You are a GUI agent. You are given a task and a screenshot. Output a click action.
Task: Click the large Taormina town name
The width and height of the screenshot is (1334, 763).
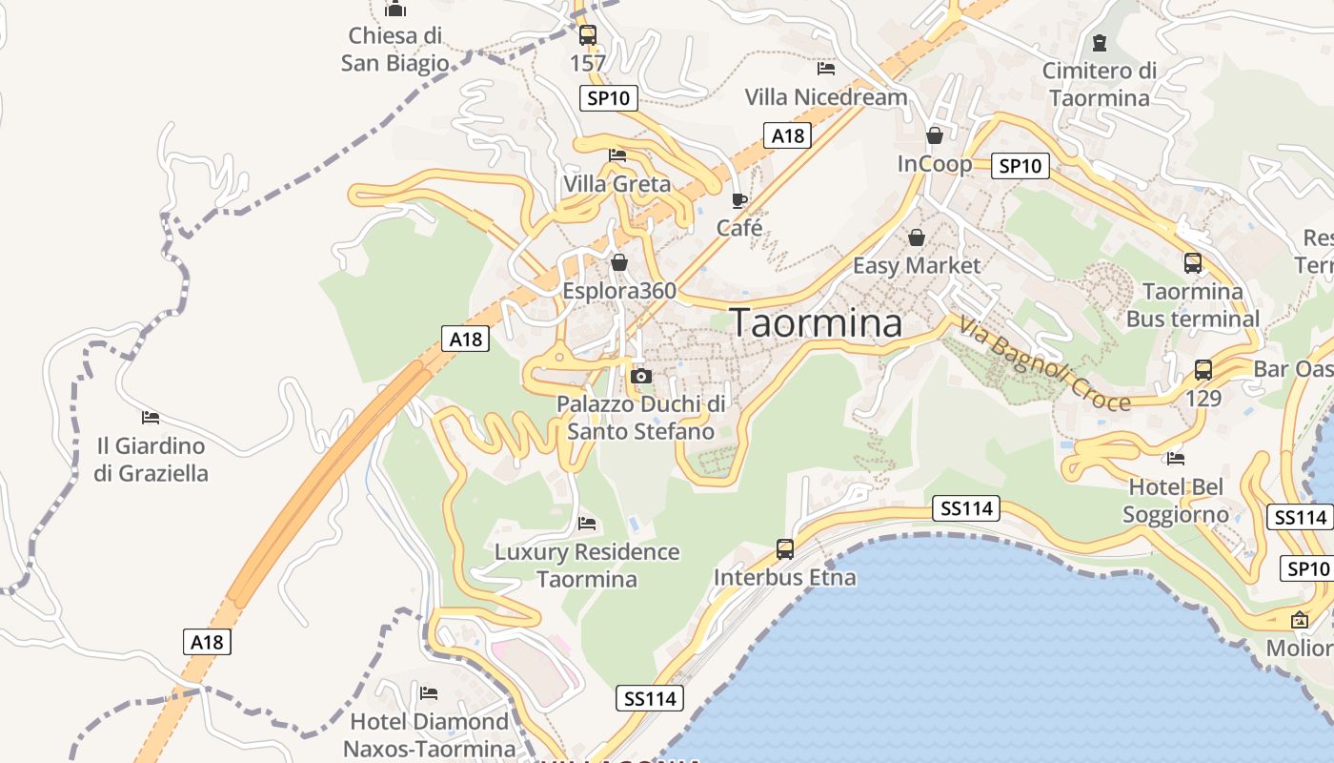click(x=817, y=323)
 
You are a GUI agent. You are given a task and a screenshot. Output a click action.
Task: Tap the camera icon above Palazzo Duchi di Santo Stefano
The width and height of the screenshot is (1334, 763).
click(x=641, y=376)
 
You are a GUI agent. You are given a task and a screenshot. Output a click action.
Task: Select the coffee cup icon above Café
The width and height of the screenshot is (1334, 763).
click(x=738, y=200)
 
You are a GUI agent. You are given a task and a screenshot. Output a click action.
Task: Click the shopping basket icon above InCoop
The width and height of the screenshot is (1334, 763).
click(x=934, y=135)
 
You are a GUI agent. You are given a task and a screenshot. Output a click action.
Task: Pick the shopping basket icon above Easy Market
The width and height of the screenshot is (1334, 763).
click(x=916, y=237)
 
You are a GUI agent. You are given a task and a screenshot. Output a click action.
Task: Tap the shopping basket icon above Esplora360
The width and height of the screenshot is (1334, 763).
click(x=619, y=261)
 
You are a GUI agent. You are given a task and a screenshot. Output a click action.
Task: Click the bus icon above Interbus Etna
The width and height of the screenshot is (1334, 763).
click(x=785, y=549)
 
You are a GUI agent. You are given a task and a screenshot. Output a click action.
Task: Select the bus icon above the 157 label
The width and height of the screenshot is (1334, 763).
click(x=588, y=35)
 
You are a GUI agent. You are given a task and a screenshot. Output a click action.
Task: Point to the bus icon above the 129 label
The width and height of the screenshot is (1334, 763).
click(x=1203, y=369)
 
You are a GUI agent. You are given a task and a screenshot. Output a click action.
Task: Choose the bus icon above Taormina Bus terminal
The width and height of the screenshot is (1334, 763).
click(x=1192, y=262)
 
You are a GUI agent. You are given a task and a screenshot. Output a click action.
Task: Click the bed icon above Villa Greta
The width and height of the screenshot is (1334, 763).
click(x=617, y=155)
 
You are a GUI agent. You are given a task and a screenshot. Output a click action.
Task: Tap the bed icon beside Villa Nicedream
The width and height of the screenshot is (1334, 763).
click(x=826, y=69)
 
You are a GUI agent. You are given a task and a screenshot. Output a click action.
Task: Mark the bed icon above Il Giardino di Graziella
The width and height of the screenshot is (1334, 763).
click(x=151, y=417)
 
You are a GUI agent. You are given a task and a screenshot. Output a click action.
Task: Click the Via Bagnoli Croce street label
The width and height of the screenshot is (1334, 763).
click(x=1044, y=363)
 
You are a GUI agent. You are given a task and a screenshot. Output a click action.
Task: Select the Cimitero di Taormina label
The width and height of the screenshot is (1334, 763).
click(x=1099, y=84)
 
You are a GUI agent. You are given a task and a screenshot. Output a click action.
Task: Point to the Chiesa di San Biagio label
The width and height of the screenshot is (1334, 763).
click(x=395, y=50)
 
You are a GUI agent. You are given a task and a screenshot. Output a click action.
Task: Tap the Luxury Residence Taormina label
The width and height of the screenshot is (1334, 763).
click(x=586, y=565)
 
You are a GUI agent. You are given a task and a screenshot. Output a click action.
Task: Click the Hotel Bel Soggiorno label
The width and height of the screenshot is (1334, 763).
click(x=1176, y=501)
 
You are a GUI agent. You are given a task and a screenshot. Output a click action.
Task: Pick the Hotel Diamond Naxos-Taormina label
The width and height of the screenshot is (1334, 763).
click(x=430, y=734)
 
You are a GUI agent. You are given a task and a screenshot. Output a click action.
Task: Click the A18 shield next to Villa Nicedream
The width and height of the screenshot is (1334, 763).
click(x=788, y=135)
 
